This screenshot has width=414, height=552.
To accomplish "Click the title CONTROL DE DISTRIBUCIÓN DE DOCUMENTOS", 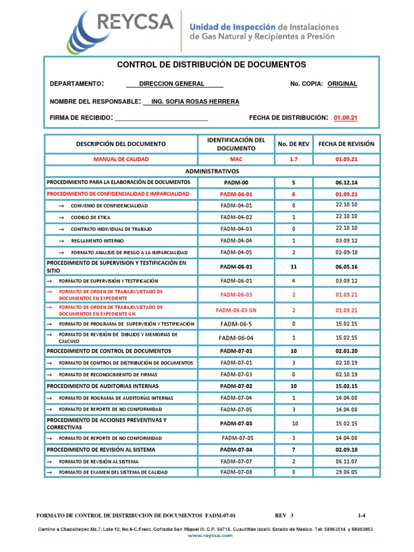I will [211, 65].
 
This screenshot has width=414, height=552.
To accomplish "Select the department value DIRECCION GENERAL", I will [171, 84].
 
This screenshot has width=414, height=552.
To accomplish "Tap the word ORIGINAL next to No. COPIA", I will [342, 84].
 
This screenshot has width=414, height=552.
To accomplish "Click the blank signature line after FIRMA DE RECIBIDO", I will [161, 118].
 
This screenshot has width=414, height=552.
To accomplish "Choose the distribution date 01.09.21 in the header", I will [346, 118].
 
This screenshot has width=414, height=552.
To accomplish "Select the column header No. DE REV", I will [293, 144].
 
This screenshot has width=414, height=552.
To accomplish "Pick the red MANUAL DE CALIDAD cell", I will [121, 159].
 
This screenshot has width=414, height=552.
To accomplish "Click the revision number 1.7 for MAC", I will [293, 159].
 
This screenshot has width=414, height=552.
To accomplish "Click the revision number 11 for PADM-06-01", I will [293, 266].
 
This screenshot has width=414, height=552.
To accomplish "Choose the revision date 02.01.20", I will [346, 350].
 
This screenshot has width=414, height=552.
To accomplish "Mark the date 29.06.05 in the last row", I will [346, 472].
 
